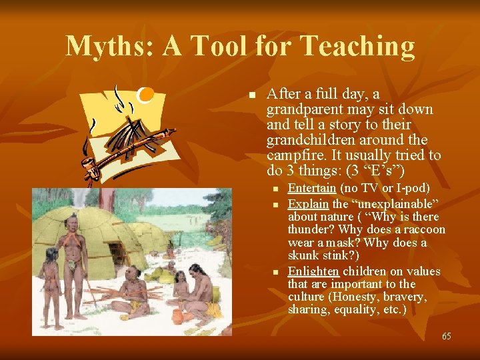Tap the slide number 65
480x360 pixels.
pyautogui.click(x=446, y=336)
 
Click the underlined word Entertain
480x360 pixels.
pyautogui.click(x=311, y=189)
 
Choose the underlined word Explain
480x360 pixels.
pyautogui.click(x=309, y=203)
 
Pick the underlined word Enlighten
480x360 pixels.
pyautogui.click(x=313, y=271)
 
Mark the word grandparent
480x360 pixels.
pyautogui.click(x=302, y=109)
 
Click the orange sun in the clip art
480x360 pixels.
pyautogui.click(x=145, y=95)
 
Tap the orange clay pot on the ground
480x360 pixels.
pyautogui.click(x=177, y=315)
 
